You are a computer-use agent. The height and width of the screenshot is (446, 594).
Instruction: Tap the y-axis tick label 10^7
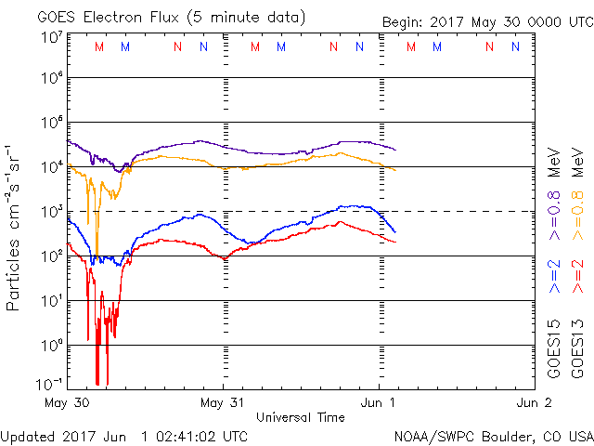pos(51,37)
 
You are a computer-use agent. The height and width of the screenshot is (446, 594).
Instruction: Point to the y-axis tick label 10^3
pos(51,212)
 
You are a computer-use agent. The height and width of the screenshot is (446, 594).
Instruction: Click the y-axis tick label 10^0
pos(51,346)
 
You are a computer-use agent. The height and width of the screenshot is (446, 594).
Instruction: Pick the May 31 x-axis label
pos(224,403)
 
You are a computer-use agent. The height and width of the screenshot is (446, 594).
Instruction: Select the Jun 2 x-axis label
pos(534,403)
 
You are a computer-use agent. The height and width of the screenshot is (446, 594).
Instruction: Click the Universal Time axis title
pos(301,417)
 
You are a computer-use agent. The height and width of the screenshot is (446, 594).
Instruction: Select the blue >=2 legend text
pos(554,277)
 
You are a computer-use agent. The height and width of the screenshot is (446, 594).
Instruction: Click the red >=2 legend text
pos(577,277)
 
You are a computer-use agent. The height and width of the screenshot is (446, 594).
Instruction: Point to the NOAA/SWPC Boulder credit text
pos(493,436)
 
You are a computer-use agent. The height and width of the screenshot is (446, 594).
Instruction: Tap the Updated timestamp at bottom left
pos(124,436)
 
